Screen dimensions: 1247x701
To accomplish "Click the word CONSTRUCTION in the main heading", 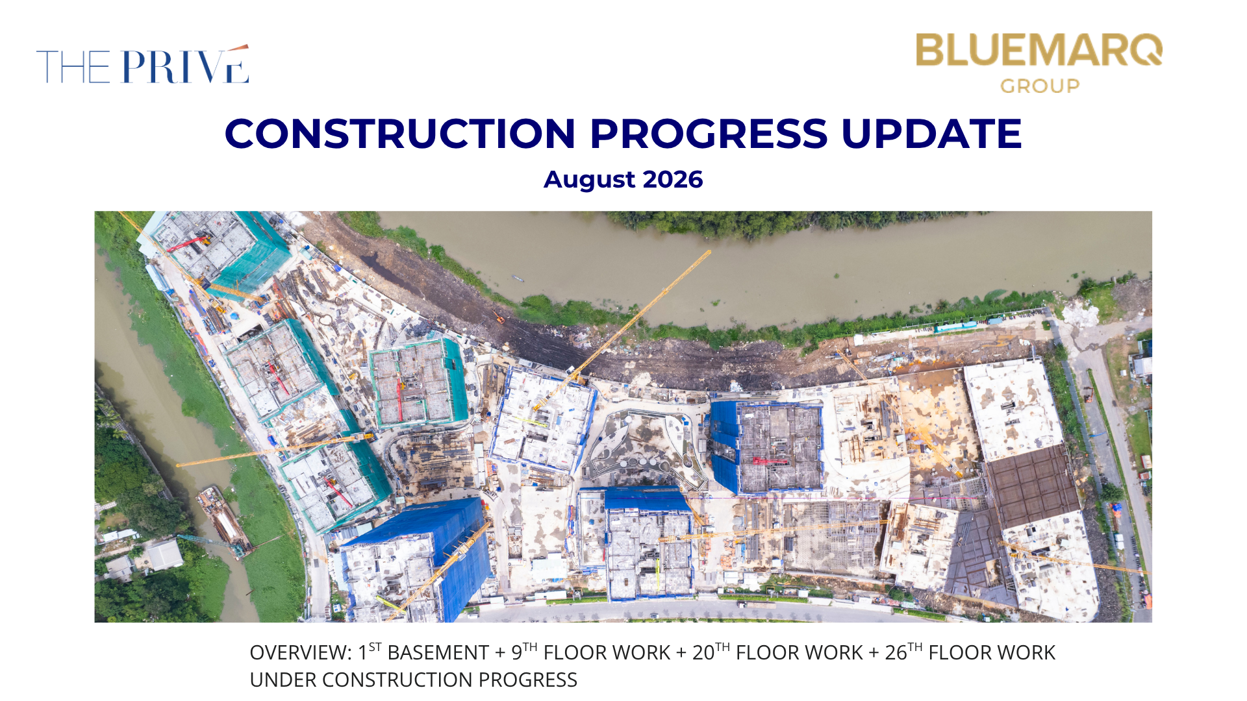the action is (400, 134).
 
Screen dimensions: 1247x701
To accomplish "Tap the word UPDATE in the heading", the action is (931, 134).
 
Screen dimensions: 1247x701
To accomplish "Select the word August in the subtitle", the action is (589, 180).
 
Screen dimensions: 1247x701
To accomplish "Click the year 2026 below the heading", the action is (672, 179).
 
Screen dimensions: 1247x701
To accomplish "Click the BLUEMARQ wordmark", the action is (1039, 50).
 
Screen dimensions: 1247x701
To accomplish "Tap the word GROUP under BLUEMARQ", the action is (1040, 86).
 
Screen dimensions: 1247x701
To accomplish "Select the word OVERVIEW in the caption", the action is (301, 652).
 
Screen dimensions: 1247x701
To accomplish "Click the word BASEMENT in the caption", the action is (438, 652).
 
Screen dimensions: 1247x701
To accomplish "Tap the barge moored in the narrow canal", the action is (224, 521).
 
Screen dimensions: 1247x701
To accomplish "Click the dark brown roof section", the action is (1032, 486).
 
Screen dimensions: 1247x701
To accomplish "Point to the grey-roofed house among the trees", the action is (164, 556).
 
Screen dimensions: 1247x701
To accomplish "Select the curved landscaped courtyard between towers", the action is (643, 448).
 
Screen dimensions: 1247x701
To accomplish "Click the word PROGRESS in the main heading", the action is (708, 134).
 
